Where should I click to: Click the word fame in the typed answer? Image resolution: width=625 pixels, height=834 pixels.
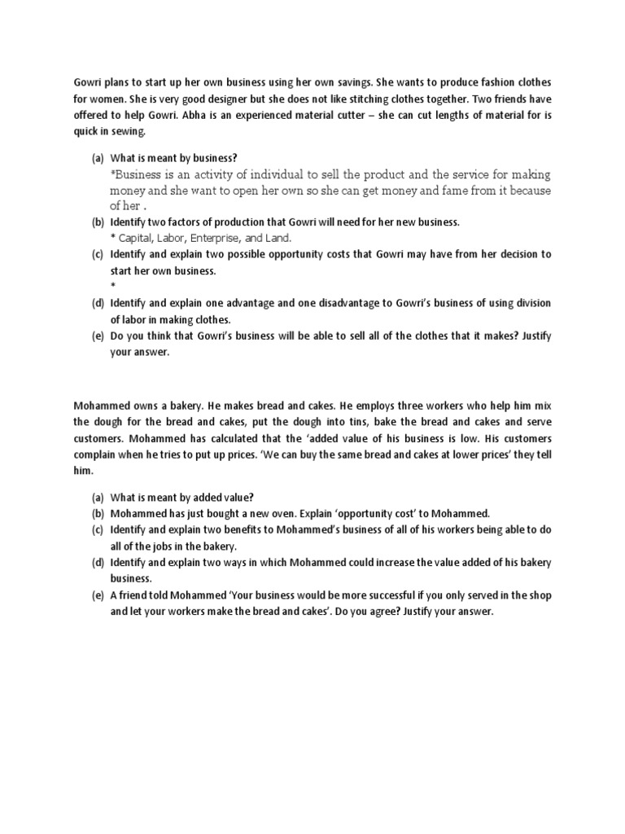click(x=452, y=191)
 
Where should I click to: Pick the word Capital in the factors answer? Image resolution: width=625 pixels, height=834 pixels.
click(x=140, y=238)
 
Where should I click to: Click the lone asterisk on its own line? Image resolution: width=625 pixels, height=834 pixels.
click(x=112, y=286)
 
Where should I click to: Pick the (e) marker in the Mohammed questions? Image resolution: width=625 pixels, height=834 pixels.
click(x=97, y=595)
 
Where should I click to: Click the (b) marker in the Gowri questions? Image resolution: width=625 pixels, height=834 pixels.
click(x=97, y=222)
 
